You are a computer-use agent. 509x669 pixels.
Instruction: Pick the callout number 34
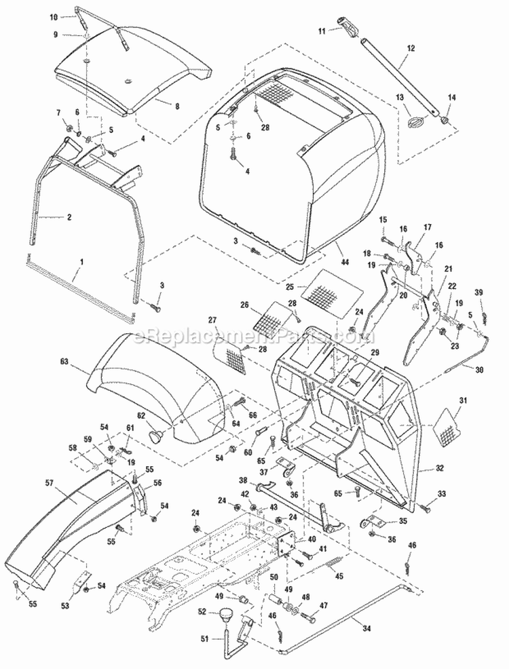pos(366,629)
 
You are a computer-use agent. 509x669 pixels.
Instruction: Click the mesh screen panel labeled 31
pos(449,425)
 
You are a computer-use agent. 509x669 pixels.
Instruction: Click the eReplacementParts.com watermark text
pos(254,335)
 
